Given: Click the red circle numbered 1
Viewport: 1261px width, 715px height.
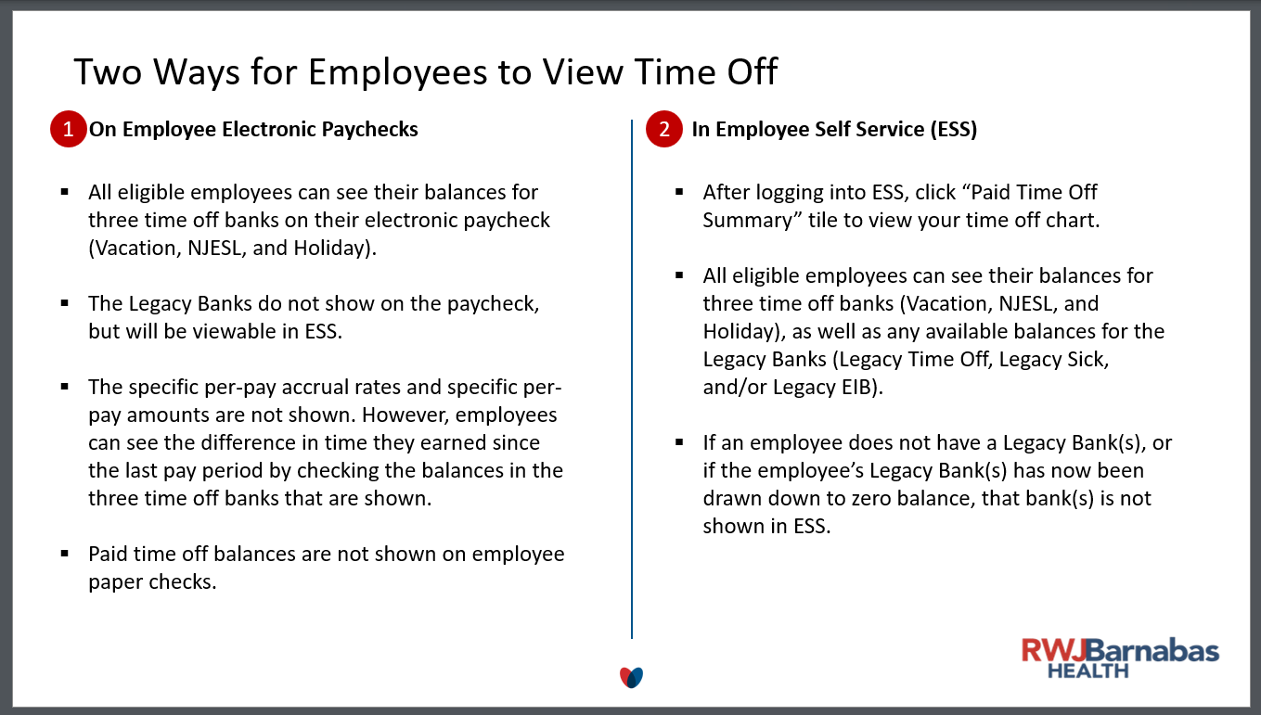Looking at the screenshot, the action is [x=68, y=129].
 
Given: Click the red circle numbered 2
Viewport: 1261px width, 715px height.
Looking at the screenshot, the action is [x=664, y=129].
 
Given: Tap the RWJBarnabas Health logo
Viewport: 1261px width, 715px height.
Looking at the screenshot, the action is [x=1120, y=658].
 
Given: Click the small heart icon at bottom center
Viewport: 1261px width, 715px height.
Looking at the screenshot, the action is [x=631, y=677].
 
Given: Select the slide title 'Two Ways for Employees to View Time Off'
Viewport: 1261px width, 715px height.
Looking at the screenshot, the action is [x=426, y=71].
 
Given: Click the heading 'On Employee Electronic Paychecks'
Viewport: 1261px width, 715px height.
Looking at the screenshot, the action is [x=253, y=130].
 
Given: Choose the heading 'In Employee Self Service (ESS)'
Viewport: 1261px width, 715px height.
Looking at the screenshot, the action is [x=834, y=130].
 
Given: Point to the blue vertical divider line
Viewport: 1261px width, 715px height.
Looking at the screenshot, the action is [x=632, y=378].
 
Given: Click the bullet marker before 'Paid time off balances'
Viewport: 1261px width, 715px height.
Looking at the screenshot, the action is [x=65, y=554].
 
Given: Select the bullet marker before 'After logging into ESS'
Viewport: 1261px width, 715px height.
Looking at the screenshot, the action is [x=679, y=192].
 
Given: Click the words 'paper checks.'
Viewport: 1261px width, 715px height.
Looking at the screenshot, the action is [x=152, y=582].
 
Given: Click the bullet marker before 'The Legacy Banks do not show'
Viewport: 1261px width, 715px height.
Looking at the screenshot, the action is [x=65, y=303].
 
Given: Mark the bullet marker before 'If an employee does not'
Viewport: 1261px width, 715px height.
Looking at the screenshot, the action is [x=679, y=442].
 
